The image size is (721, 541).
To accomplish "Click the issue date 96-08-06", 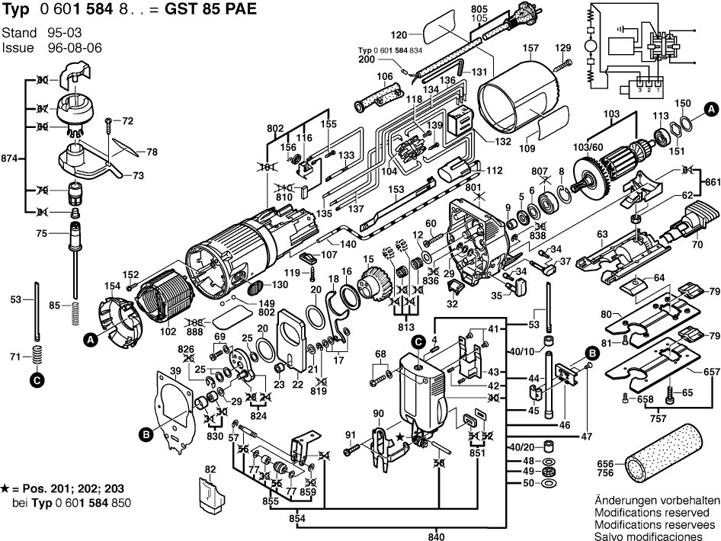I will [75, 47].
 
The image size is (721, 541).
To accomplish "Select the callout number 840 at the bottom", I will [436, 535].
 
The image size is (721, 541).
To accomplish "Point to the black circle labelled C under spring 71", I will [37, 378].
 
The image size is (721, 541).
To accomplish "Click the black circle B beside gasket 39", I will [146, 434].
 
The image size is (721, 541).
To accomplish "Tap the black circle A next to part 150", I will [710, 107].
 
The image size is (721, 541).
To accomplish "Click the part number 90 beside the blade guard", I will [379, 413].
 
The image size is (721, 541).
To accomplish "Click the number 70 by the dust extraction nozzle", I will [697, 246].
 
